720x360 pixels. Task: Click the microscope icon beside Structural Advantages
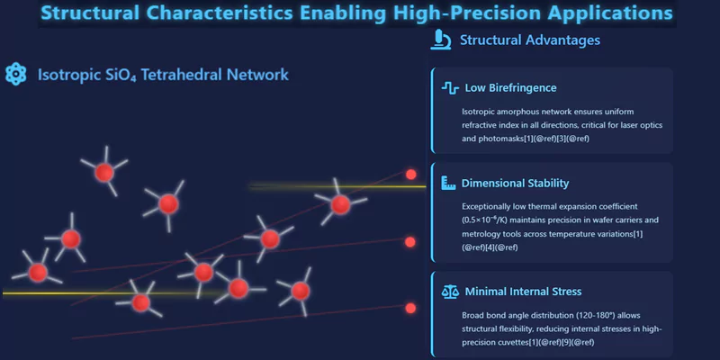tap(441, 40)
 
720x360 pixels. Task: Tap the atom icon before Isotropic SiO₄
tap(16, 74)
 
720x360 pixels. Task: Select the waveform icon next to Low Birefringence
tap(450, 88)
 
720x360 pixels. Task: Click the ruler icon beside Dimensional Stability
tap(450, 184)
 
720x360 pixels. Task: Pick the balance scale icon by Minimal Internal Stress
tap(450, 292)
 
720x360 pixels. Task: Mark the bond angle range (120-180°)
tap(567, 314)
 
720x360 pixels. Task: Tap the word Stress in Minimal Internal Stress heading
tap(562, 292)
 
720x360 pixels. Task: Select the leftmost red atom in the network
tap(37, 271)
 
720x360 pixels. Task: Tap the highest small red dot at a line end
tap(411, 175)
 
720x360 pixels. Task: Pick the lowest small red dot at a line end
tap(410, 309)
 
